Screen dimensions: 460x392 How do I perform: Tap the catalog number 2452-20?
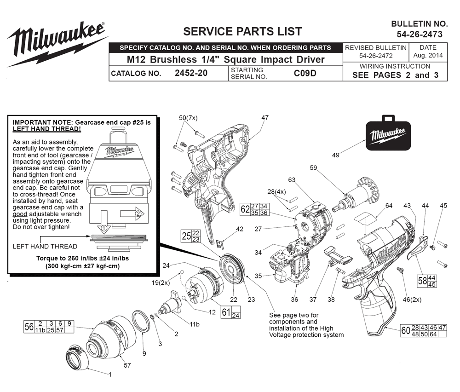[191, 73]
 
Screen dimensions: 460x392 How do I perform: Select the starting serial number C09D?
[305, 73]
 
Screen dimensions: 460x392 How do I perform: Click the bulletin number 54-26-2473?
[420, 35]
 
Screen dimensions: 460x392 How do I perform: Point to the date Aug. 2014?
[428, 55]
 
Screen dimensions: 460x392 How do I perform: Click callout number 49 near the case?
[336, 155]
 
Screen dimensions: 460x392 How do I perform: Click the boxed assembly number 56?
[29, 327]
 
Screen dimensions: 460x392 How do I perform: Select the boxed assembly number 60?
[405, 331]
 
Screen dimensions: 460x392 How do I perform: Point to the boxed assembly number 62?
[245, 209]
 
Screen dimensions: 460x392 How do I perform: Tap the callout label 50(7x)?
[188, 118]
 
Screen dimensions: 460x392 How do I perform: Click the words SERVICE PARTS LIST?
[242, 31]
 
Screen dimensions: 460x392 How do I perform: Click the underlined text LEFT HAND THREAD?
[46, 129]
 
